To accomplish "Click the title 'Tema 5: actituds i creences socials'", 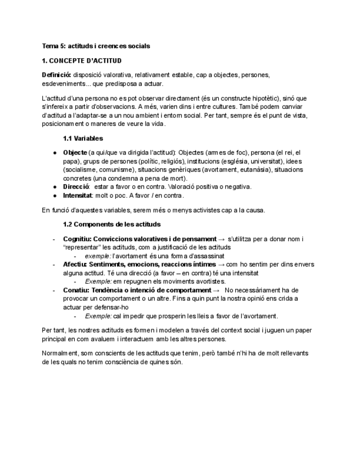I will tap(96, 46).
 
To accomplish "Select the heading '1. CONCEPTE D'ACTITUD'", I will tap(81, 60).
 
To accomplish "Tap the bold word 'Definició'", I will tap(56, 74).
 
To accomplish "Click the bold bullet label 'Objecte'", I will tap(75, 152).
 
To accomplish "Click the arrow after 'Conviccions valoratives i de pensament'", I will tap(221, 238).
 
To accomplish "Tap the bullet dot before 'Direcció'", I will tap(54, 187).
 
